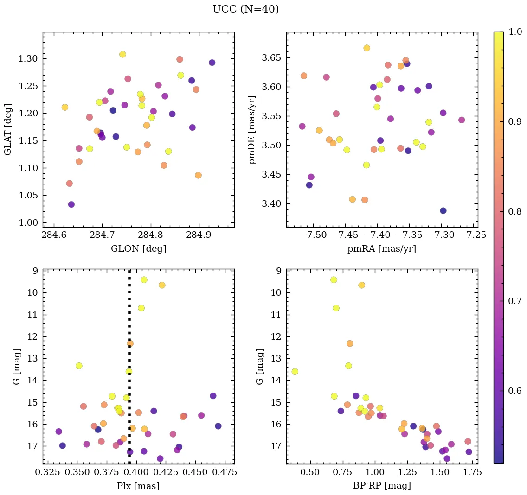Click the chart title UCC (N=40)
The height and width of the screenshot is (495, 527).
(x=245, y=9)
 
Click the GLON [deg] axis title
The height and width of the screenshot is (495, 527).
(x=138, y=249)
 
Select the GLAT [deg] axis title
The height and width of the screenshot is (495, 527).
(x=8, y=129)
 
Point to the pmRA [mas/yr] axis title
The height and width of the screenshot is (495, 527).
(x=382, y=249)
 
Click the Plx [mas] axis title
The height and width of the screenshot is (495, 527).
(x=138, y=486)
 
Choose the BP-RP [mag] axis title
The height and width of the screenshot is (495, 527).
(x=382, y=486)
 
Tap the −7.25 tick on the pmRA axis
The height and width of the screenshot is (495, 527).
(x=473, y=236)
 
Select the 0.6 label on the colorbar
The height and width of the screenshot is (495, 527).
(x=515, y=391)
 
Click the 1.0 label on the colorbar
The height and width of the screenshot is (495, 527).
(x=515, y=32)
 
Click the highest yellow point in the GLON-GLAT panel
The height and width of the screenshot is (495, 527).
(x=122, y=54)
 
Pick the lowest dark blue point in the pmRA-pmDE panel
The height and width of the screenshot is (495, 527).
(x=443, y=211)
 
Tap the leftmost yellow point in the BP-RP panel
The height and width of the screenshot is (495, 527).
(x=295, y=372)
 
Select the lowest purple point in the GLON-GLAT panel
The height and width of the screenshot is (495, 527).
(x=71, y=204)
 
